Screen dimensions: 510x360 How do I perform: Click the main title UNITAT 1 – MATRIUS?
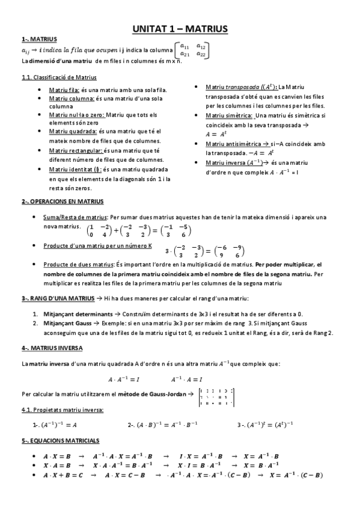pyautogui.click(x=180, y=28)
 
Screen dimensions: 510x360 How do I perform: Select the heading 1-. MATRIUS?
pyautogui.click(x=35, y=39)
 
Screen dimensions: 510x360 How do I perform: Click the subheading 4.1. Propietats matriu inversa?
pyautogui.click(x=61, y=410)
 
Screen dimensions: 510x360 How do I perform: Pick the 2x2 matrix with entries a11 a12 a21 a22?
pyautogui.click(x=193, y=50)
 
